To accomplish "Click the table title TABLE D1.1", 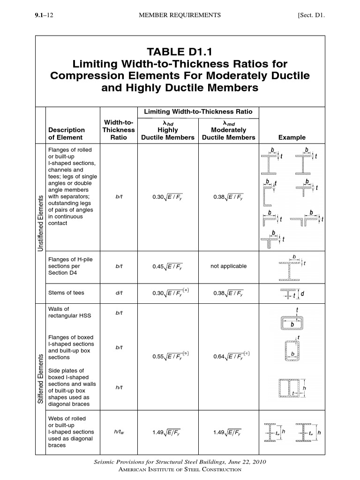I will [180, 50].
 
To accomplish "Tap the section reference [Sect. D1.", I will [311, 15].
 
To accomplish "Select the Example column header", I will [292, 137].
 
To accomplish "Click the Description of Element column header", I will [67, 134].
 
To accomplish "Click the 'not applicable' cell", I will [228, 266].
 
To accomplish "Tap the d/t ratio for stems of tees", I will [119, 293].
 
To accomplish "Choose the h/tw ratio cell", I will [119, 432].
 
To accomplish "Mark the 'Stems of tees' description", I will [67, 293].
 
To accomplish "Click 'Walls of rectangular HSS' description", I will [66, 312].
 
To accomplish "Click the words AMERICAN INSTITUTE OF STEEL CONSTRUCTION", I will [180, 469].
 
